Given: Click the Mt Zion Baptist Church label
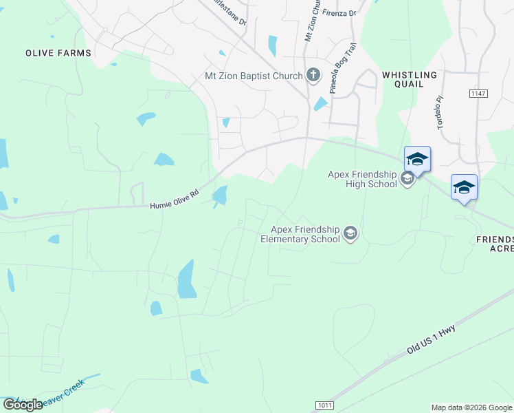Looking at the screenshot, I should pyautogui.click(x=254, y=76).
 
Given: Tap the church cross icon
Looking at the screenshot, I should pyautogui.click(x=313, y=74).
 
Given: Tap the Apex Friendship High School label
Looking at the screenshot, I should pyautogui.click(x=363, y=179).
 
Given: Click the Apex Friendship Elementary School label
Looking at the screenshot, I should pyautogui.click(x=300, y=234).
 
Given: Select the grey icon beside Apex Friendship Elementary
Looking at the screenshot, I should pyautogui.click(x=351, y=234).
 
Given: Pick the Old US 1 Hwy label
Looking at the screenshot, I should pyautogui.click(x=431, y=340).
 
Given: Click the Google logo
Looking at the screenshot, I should pyautogui.click(x=23, y=405).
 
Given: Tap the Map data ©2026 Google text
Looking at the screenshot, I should pyautogui.click(x=471, y=407).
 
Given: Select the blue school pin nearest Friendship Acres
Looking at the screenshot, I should pyautogui.click(x=464, y=187).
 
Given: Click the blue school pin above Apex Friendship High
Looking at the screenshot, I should pyautogui.click(x=417, y=160).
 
